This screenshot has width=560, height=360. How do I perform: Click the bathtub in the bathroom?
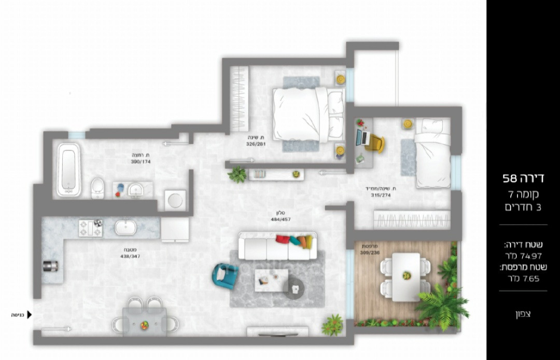pos(68,170)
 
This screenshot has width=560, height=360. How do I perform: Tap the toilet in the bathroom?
pos(97,188)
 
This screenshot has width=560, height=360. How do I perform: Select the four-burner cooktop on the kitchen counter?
pos(90,228)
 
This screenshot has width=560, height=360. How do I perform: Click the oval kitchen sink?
pos(125,227)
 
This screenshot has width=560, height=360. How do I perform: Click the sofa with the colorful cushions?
pos(277,246)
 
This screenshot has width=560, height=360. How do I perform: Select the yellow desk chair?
pos(375,144)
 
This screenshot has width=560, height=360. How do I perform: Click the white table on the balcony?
pos(406,276)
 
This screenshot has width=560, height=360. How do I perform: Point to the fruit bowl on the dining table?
pos(144,325)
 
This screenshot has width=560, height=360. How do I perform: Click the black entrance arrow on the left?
pos(29,314)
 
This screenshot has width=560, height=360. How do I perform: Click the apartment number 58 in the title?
pos(510,179)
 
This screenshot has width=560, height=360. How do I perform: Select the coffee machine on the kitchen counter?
pos(50,266)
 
